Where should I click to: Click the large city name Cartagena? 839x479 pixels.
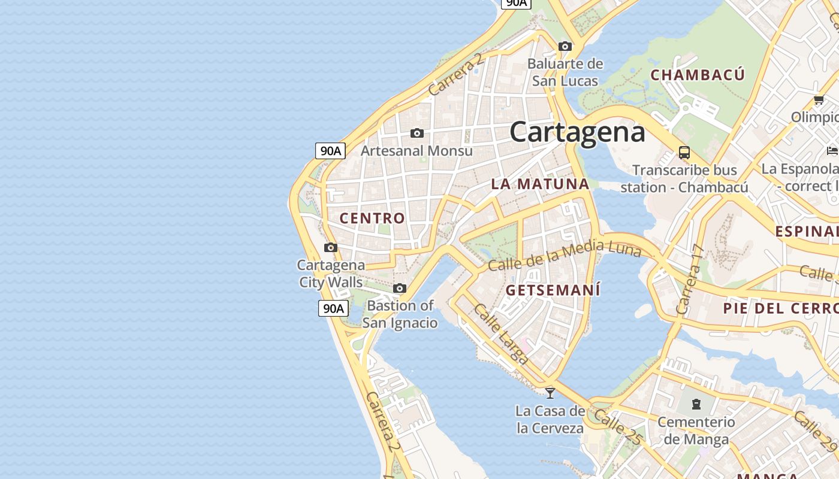click(577, 132)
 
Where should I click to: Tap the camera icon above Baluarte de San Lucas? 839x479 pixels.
click(565, 46)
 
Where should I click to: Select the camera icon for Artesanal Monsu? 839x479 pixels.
click(417, 133)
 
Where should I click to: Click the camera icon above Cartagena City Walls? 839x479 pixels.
click(330, 247)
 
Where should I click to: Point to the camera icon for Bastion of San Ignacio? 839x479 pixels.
click(400, 289)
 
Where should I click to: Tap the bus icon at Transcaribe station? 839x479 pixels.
click(684, 152)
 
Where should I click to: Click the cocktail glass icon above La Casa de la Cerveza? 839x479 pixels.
click(550, 393)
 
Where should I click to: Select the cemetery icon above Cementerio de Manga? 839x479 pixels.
click(696, 404)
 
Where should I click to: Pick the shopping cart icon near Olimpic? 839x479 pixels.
click(819, 99)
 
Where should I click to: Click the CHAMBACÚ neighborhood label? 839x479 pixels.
click(698, 75)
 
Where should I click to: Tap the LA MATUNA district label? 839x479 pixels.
click(540, 184)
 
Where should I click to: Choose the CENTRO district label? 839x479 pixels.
click(372, 219)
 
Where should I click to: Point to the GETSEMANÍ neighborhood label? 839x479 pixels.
click(553, 290)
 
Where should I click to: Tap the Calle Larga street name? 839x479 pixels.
click(500, 334)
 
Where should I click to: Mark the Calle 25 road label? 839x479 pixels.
click(617, 427)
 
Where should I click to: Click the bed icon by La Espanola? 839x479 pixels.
click(832, 150)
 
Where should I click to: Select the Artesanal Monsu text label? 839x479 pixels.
click(417, 151)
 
